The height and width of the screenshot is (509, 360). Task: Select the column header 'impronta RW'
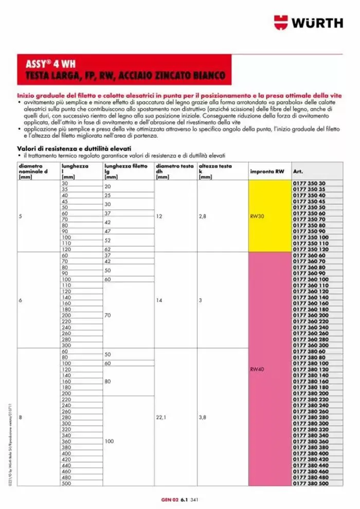pyautogui.click(x=266, y=171)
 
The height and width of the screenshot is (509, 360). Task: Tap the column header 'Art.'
pyautogui.click(x=297, y=171)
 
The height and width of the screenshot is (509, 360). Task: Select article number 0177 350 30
pyautogui.click(x=309, y=184)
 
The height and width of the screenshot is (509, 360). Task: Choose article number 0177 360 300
pyautogui.click(x=310, y=345)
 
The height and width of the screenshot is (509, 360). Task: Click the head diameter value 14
pyautogui.click(x=159, y=300)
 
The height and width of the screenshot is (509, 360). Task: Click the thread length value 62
pyautogui.click(x=107, y=249)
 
